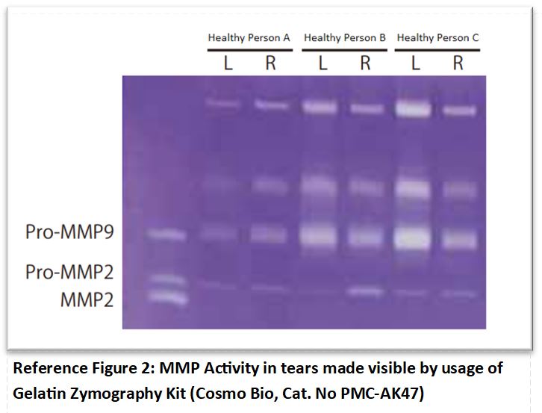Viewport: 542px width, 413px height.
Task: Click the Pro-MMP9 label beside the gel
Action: click(x=69, y=232)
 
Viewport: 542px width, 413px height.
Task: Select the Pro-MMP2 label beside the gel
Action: click(x=69, y=272)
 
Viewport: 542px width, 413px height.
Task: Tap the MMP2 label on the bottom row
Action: click(x=87, y=299)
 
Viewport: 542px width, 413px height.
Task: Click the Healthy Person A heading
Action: click(x=249, y=37)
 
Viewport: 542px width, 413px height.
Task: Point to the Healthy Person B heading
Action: click(x=345, y=37)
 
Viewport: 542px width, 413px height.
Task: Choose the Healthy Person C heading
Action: click(x=437, y=37)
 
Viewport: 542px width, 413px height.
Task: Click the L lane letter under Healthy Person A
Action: click(x=228, y=63)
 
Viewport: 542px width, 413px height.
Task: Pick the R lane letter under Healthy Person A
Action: click(x=271, y=63)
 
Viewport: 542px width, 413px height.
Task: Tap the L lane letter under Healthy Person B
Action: click(x=323, y=63)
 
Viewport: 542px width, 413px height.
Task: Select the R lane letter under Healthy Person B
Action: click(x=365, y=63)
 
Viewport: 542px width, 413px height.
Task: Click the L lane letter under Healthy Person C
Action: click(x=415, y=63)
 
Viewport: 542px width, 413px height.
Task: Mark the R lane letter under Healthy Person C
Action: click(x=458, y=63)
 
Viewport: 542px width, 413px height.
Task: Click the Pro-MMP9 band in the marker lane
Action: click(x=166, y=235)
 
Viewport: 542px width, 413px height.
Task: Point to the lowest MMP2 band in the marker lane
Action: click(x=168, y=297)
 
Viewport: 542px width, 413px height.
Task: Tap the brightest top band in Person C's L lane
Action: click(x=413, y=108)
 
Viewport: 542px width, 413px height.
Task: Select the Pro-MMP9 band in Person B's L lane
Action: click(x=318, y=236)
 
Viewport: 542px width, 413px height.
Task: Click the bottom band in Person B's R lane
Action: click(x=366, y=292)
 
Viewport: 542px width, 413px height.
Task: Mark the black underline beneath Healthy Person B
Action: click(x=344, y=50)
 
